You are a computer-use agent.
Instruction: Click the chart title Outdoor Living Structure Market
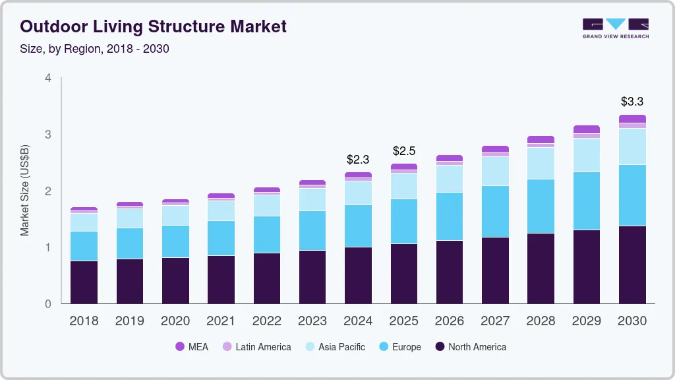(x=153, y=26)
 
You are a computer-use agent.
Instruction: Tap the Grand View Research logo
(x=615, y=28)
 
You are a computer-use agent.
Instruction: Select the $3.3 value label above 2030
(x=631, y=102)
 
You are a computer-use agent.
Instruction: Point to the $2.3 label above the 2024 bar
(x=358, y=160)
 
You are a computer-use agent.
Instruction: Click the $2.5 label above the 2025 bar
(x=403, y=151)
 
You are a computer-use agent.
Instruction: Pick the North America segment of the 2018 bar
(x=84, y=282)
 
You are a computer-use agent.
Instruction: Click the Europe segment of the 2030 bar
(x=631, y=195)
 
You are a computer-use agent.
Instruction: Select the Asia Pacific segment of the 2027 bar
(x=495, y=171)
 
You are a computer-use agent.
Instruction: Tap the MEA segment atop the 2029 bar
(x=586, y=129)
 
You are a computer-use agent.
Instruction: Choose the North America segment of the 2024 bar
(x=358, y=275)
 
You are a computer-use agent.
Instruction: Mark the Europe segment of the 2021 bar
(x=221, y=238)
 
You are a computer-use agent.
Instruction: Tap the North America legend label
(x=477, y=347)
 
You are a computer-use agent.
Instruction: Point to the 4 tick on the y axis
(x=47, y=78)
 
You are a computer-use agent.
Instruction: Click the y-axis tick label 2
(x=47, y=191)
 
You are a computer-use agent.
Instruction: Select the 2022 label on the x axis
(x=267, y=321)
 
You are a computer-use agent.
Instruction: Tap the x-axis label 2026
(x=450, y=321)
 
